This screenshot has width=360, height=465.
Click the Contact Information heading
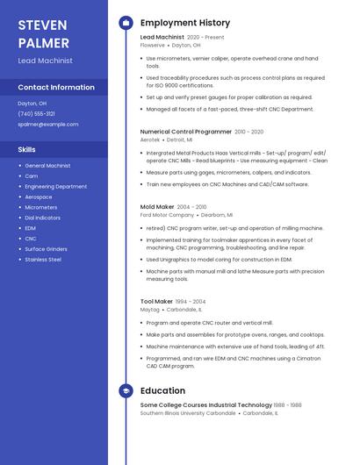tap(56, 87)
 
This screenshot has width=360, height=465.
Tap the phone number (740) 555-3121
tap(36, 114)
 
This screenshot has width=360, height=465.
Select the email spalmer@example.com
tap(48, 125)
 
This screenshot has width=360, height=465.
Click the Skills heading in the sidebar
tap(27, 150)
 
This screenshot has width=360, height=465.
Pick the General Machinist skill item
tap(47, 165)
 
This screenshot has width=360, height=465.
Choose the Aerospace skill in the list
tap(39, 197)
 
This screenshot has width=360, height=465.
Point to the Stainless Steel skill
tap(43, 260)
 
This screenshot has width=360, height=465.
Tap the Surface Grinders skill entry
tap(47, 249)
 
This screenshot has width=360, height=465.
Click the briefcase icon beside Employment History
tap(126, 23)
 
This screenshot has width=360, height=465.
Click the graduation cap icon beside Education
tap(126, 390)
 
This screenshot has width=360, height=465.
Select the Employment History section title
tap(185, 23)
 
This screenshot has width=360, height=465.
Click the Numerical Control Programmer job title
tap(186, 132)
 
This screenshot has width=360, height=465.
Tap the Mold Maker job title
tap(157, 207)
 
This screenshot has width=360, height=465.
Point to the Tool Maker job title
tap(157, 302)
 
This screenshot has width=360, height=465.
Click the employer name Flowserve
tap(153, 45)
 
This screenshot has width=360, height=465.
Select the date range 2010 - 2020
tap(248, 132)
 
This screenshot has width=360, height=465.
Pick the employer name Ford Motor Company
tap(168, 215)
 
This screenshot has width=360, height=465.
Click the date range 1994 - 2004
tap(191, 302)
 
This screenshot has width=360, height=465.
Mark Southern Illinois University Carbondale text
tap(187, 412)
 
